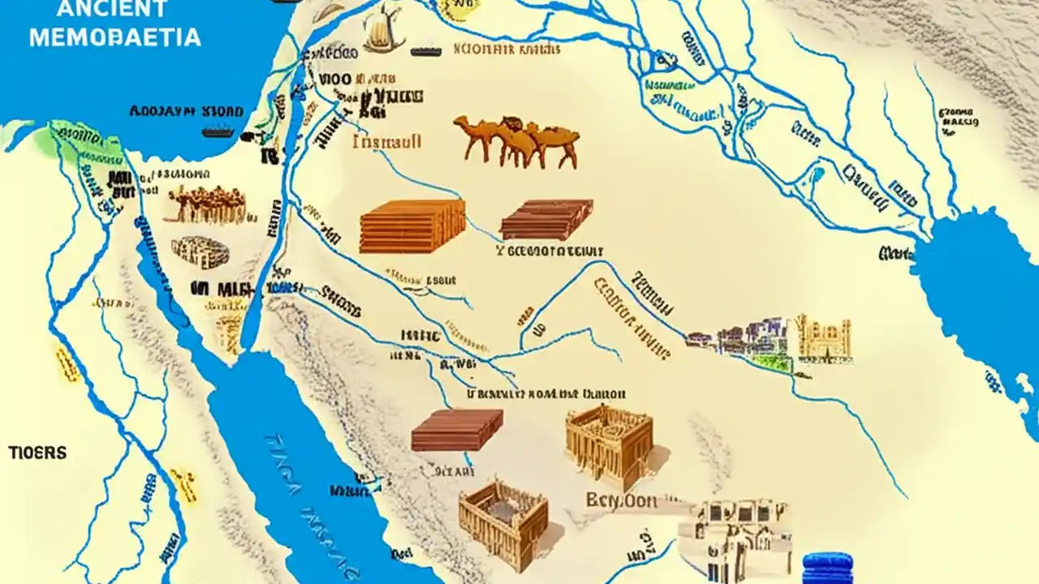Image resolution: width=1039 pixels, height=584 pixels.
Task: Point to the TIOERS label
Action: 38,453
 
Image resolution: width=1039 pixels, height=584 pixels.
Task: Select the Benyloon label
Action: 621,500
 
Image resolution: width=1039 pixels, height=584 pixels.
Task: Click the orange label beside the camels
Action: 387,141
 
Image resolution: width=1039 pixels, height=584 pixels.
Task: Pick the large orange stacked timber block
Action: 412,225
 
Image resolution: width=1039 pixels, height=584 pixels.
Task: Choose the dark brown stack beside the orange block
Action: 545,219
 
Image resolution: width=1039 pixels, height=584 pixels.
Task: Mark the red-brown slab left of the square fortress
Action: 456,429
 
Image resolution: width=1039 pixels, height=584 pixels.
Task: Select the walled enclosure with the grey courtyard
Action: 503,519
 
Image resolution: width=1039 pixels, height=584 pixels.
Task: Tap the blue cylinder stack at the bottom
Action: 827,568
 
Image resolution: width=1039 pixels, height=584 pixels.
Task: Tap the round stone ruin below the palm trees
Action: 200,252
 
